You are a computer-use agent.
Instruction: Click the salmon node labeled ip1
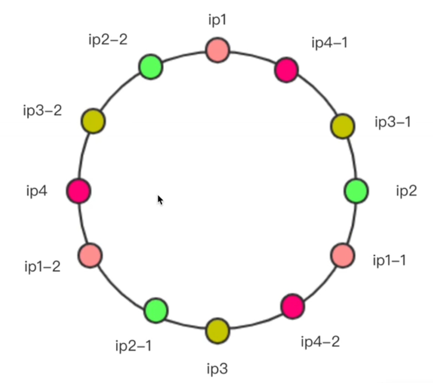coord(218,50)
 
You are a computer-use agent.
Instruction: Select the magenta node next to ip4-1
coord(286,70)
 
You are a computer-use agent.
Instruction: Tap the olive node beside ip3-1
coord(343,126)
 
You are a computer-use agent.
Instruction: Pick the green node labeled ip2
coord(356,191)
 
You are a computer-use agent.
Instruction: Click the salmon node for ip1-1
coord(343,255)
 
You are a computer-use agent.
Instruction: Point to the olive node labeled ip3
coord(218,331)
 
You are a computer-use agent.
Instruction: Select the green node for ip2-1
coord(156,310)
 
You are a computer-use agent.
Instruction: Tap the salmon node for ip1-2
coord(90,255)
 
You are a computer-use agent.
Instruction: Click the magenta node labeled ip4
coord(78,191)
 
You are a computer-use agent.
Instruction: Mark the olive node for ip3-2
coord(93,121)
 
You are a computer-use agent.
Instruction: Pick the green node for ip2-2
coord(151,67)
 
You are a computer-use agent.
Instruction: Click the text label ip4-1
coord(329,42)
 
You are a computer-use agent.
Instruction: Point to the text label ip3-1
coord(393,122)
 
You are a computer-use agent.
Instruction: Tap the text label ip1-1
coord(389,260)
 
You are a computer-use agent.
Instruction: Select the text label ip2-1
coord(133,346)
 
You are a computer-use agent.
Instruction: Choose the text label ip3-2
coord(42,111)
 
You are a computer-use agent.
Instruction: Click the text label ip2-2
coord(108,40)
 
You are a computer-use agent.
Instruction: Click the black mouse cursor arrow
coord(160,200)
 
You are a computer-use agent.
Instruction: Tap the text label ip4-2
coord(320,342)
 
